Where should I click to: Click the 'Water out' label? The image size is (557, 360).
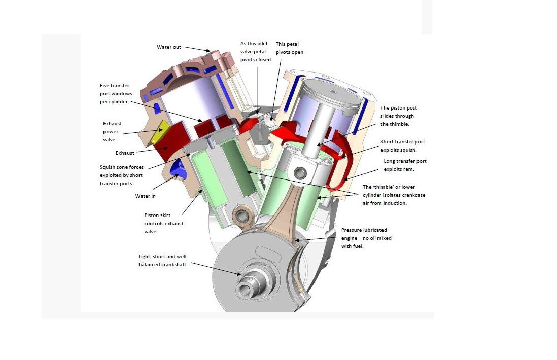[x=168, y=47]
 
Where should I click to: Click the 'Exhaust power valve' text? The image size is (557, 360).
[x=112, y=132]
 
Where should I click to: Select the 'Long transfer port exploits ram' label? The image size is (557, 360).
[x=403, y=165]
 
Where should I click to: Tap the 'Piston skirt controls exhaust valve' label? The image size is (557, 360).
[x=164, y=223]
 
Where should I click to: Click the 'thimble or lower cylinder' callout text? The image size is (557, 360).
[x=388, y=195]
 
